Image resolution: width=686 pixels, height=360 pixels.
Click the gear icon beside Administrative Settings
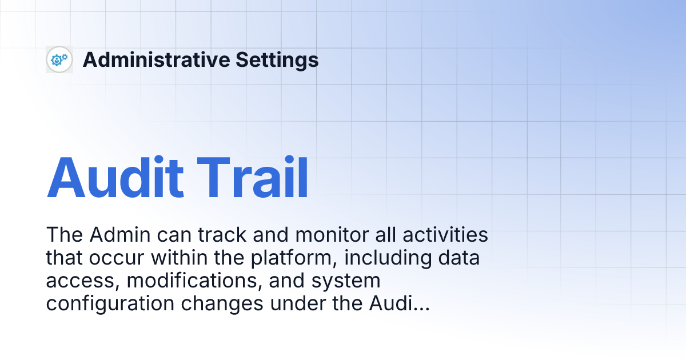tap(59, 59)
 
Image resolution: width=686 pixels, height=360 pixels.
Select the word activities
tap(444, 235)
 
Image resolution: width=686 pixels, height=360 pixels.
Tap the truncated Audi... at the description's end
tap(397, 304)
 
